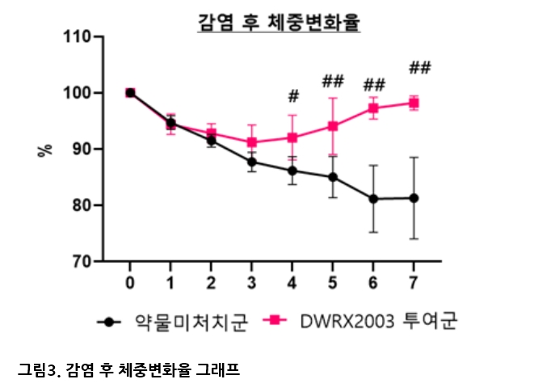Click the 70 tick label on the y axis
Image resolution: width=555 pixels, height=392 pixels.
click(82, 262)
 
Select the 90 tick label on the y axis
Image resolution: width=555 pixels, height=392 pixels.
click(82, 150)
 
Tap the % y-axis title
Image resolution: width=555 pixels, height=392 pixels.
click(45, 150)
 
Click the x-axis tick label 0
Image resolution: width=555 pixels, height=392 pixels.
click(130, 282)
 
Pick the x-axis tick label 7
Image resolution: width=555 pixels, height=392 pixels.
click(414, 282)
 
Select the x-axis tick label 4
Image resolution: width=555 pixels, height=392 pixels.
click(292, 282)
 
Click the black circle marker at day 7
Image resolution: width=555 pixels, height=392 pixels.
click(414, 198)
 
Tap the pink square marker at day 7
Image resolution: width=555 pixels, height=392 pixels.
click(414, 103)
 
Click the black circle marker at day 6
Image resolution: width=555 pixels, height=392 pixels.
click(373, 199)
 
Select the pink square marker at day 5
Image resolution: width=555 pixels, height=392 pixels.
click(333, 126)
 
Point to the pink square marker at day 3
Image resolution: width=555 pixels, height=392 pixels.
click(252, 142)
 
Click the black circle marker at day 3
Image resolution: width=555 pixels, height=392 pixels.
click(252, 162)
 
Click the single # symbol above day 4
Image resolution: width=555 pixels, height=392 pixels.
click(292, 96)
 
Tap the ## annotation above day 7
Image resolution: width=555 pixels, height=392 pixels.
click(420, 67)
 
